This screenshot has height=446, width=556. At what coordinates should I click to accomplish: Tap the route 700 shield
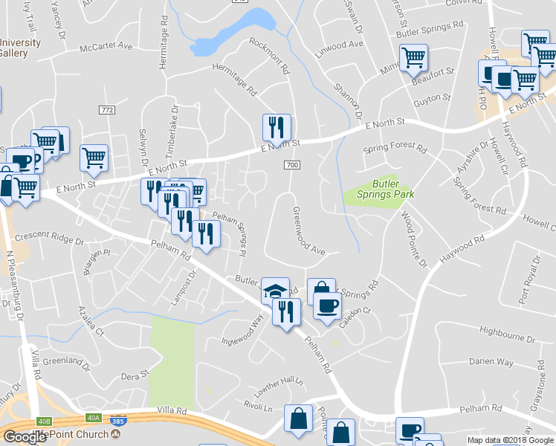[x=291, y=165]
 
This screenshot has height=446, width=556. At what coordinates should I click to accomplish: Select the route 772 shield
[x=107, y=109]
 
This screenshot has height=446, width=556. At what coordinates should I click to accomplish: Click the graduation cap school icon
[x=275, y=290]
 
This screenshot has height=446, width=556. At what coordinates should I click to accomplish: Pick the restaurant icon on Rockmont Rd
[x=277, y=128]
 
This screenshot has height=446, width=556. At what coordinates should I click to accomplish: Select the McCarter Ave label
[x=106, y=46]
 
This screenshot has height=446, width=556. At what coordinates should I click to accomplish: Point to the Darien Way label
[x=491, y=362]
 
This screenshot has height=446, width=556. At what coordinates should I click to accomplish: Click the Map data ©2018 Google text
[x=511, y=440]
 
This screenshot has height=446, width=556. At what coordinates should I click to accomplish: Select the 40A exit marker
[x=93, y=418]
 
